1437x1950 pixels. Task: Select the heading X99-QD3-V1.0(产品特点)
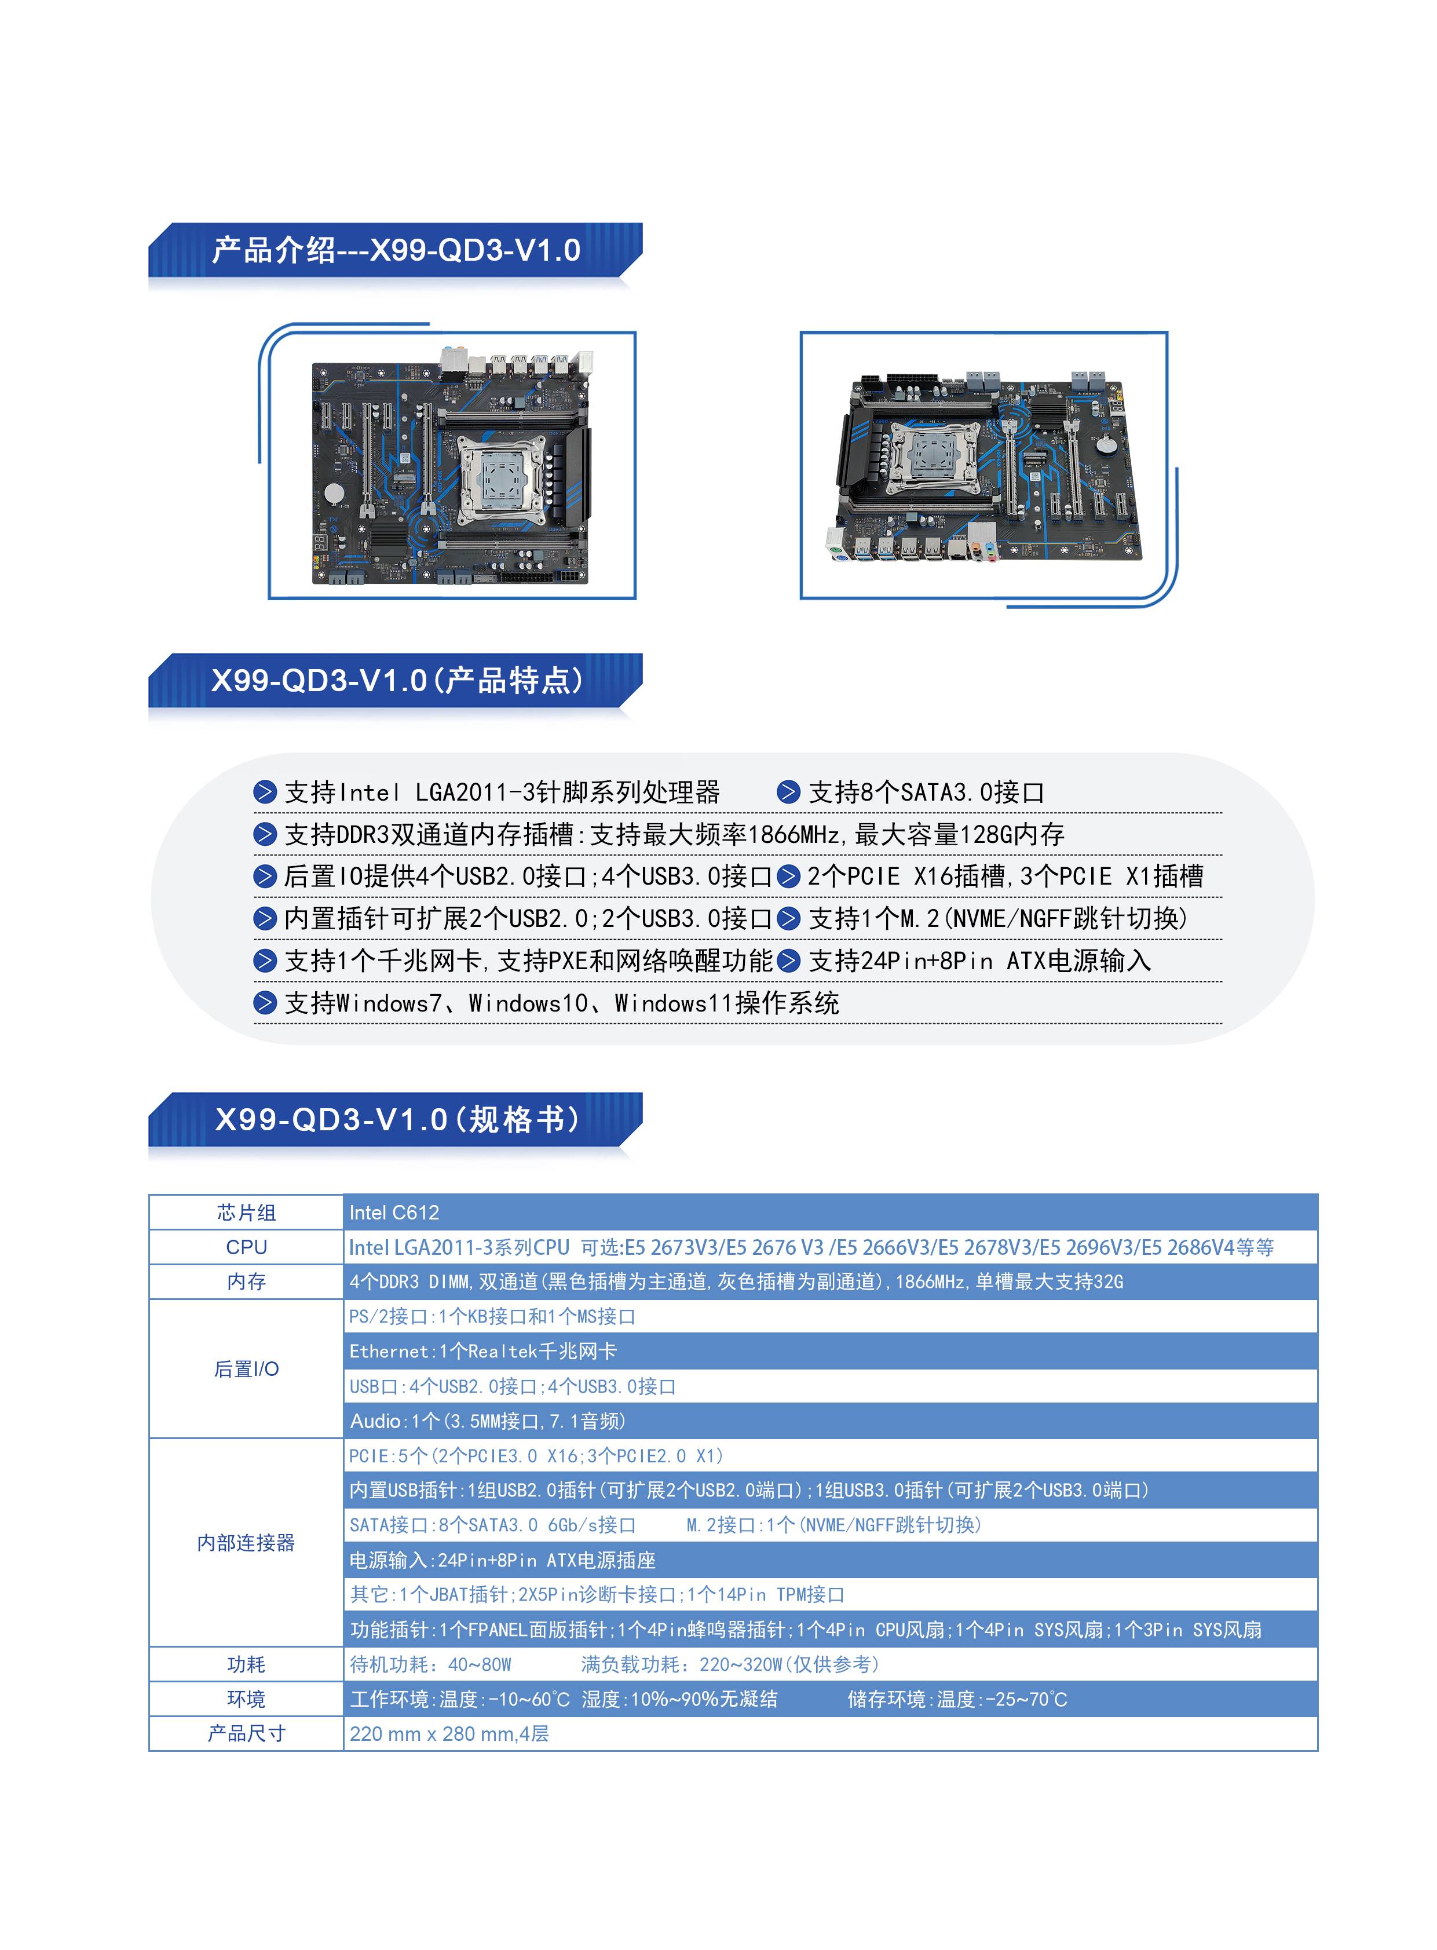397,681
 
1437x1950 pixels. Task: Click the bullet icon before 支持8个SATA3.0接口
788,792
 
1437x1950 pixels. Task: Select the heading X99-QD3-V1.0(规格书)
397,1119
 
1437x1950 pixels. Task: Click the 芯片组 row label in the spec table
246,1212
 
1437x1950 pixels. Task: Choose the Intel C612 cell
394,1212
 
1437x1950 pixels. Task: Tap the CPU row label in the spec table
246,1247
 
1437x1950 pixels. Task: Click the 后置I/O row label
246,1369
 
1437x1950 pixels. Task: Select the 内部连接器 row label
246,1543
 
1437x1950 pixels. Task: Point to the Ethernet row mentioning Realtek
483,1352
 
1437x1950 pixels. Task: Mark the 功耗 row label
246,1664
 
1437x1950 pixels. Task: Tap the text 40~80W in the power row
480,1664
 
